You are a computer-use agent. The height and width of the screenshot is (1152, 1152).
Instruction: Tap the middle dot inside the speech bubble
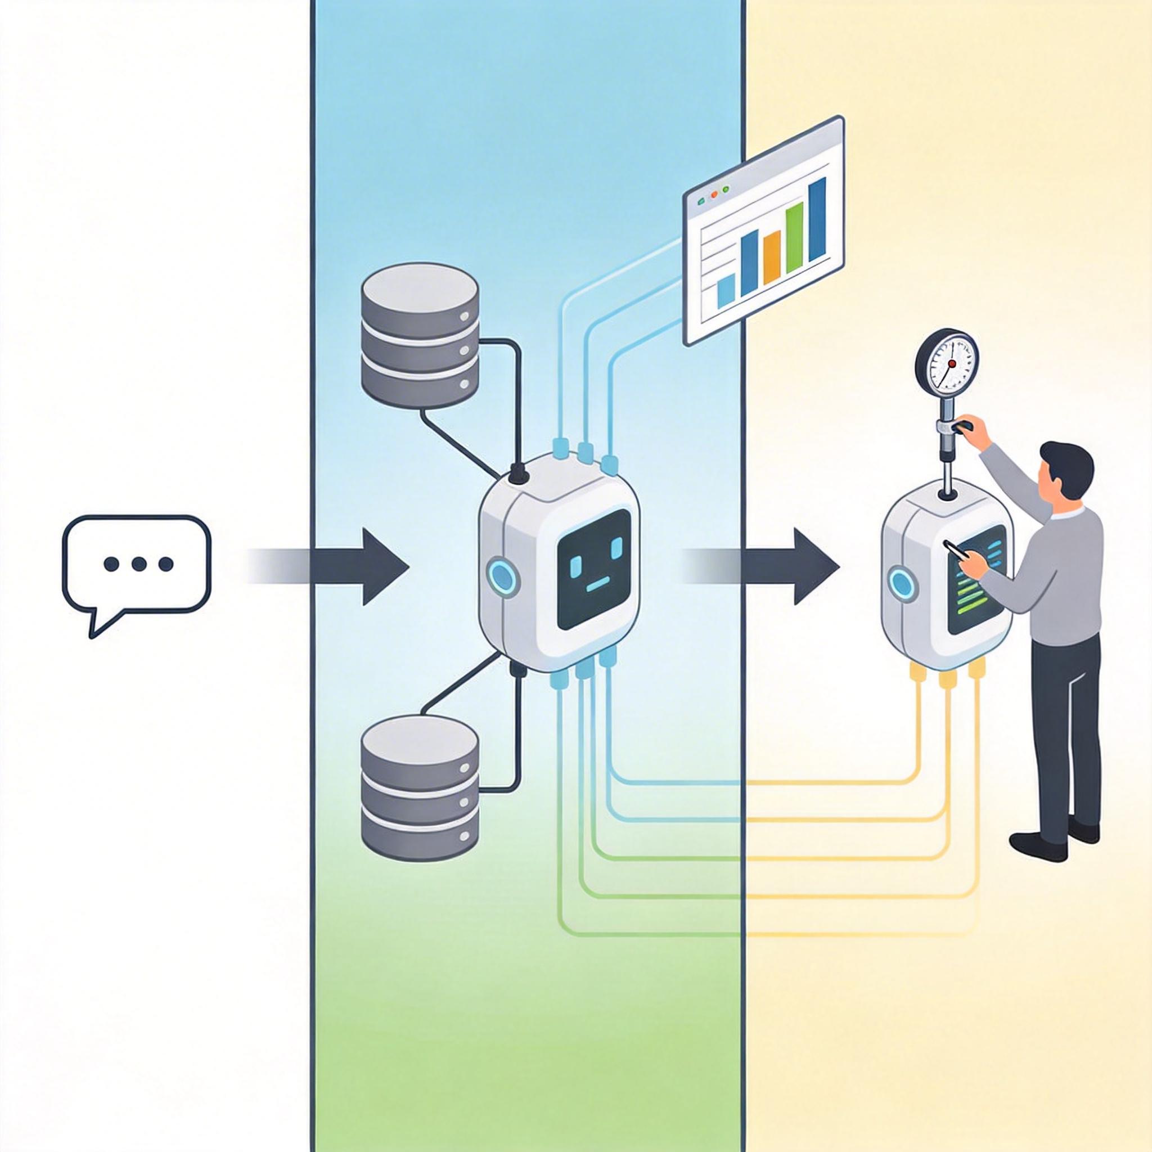(x=138, y=563)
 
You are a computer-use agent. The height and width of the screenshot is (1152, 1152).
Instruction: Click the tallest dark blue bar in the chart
(x=817, y=220)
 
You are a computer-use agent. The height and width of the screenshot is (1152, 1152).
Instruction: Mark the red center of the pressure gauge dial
(x=951, y=363)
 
